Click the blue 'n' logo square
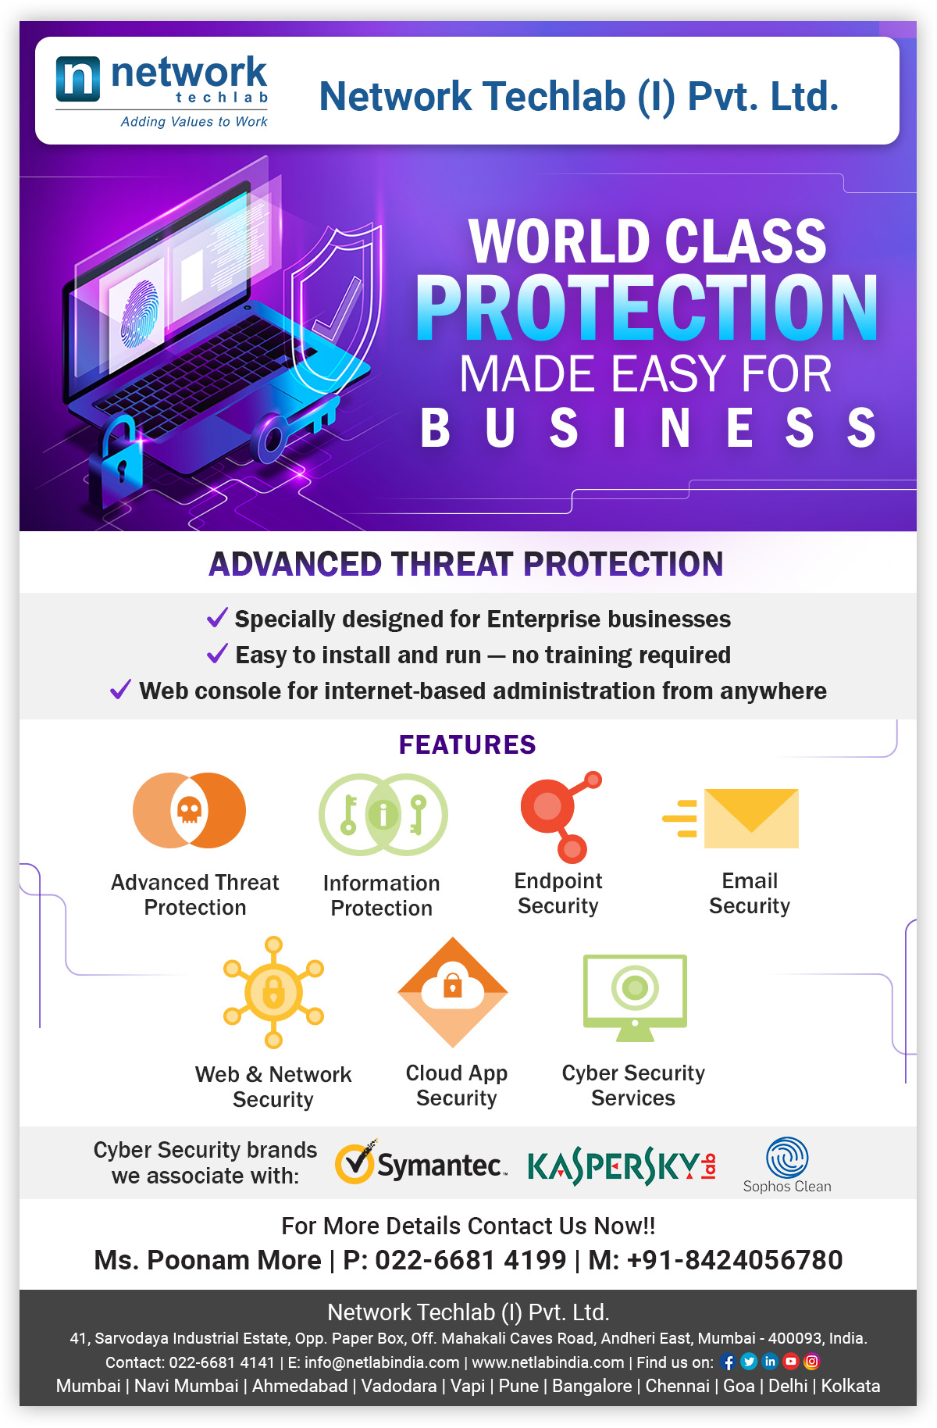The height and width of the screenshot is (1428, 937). point(78,79)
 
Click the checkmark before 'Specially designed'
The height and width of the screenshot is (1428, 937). point(217,617)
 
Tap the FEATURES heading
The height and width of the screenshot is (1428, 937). point(467,744)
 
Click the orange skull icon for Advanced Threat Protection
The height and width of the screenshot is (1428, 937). point(189,810)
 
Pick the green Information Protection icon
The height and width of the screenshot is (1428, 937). point(383,814)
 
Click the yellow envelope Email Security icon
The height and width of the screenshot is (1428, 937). point(731,818)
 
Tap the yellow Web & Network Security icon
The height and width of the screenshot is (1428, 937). point(273,992)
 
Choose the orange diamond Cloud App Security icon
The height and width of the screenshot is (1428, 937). point(453,992)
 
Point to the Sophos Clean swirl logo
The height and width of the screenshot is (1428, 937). point(787,1158)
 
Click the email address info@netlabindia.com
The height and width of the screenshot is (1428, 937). point(382,1362)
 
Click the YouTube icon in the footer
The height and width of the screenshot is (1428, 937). point(791,1362)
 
